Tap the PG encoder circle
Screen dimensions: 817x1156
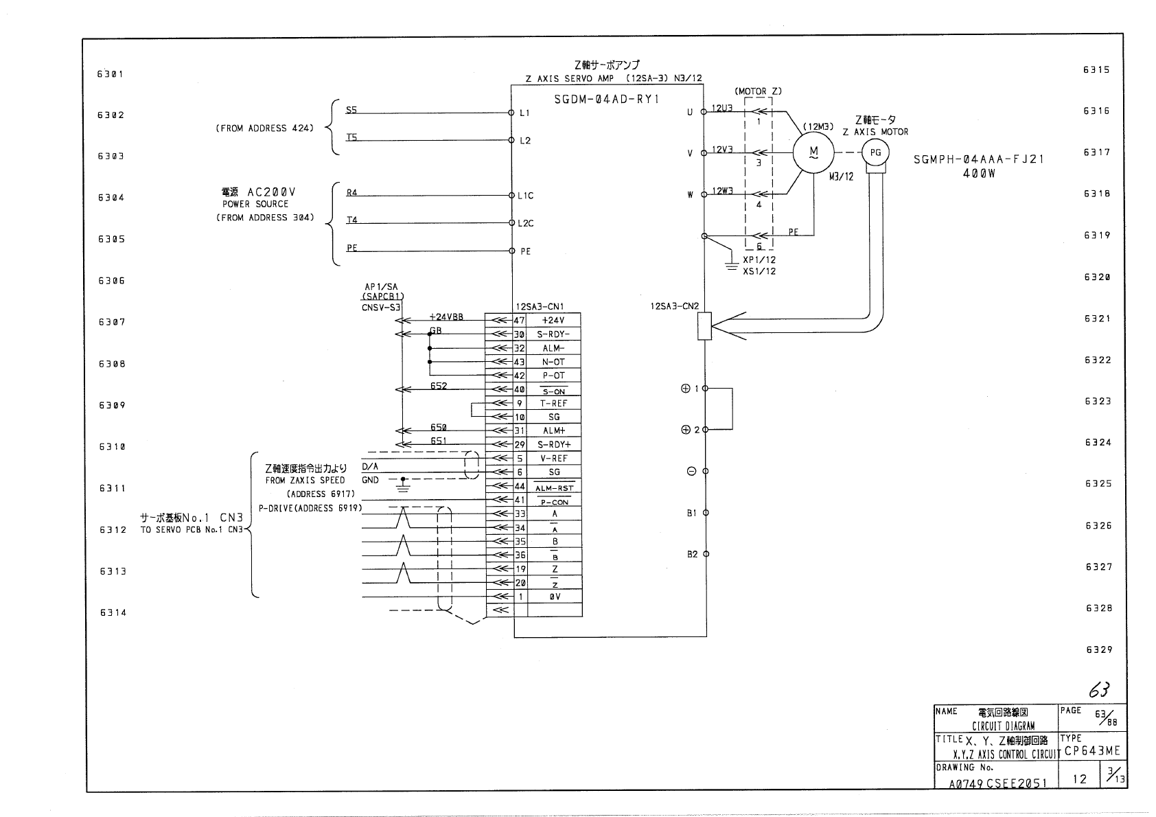point(875,152)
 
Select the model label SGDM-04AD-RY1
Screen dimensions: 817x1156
point(607,100)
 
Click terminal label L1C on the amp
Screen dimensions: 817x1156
point(526,196)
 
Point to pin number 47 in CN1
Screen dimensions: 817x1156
point(520,321)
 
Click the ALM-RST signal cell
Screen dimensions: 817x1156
point(554,487)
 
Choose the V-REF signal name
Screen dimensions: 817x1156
point(554,459)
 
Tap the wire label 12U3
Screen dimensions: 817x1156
point(722,108)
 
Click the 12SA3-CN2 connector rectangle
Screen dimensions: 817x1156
point(704,325)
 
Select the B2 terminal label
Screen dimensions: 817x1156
point(692,554)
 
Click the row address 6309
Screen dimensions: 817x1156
point(112,406)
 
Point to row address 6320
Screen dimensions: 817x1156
point(1098,277)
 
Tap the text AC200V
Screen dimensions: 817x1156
point(272,192)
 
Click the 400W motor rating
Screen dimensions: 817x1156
point(979,174)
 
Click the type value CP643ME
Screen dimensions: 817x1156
point(1093,751)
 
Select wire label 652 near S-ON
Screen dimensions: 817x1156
point(439,386)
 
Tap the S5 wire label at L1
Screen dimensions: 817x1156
point(351,110)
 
